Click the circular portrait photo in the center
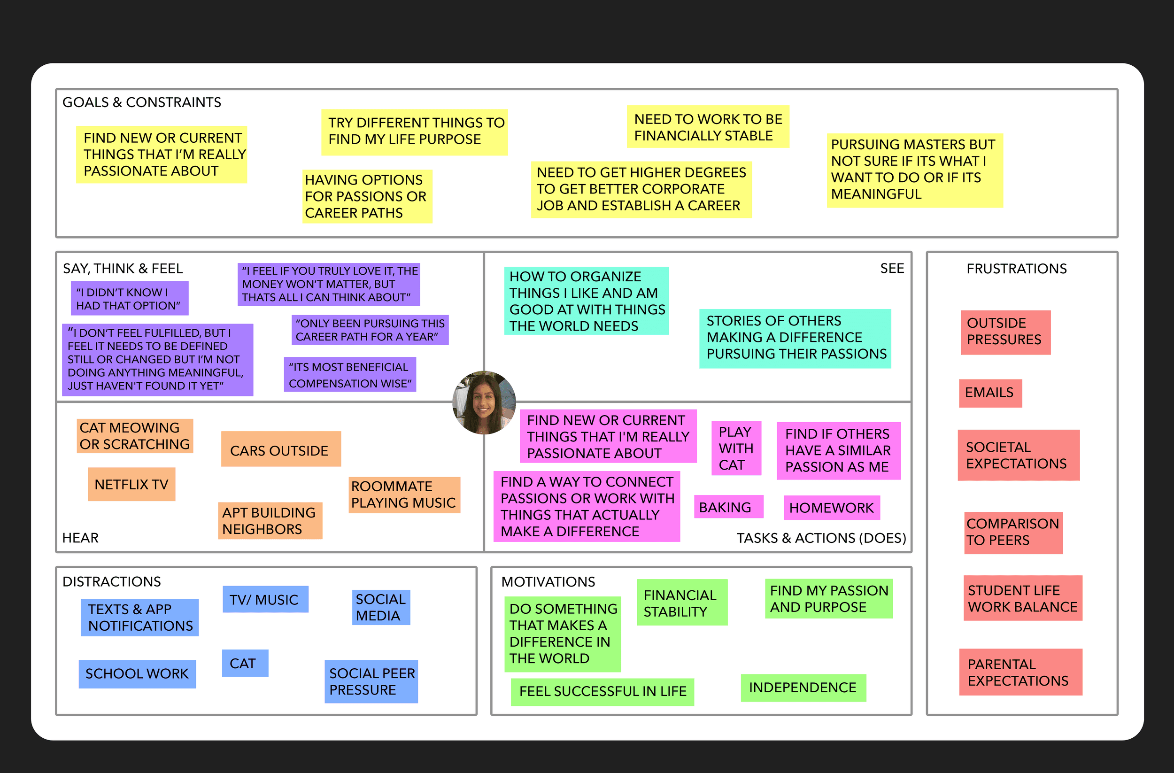(x=484, y=402)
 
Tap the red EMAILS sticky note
(x=990, y=393)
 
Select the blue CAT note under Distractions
(x=245, y=663)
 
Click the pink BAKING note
(x=727, y=507)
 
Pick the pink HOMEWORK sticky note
(x=832, y=508)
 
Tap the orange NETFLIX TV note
(x=131, y=485)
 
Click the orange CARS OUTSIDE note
(x=280, y=449)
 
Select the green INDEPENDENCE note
(x=803, y=687)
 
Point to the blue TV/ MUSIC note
(x=265, y=599)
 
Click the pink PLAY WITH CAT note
(x=736, y=448)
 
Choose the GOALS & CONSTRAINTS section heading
(x=141, y=102)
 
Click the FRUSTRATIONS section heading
(x=1016, y=268)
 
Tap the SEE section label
(x=892, y=268)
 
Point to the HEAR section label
(x=80, y=537)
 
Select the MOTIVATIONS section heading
(x=548, y=581)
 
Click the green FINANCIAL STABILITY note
(x=682, y=603)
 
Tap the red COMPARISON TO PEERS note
(x=1013, y=532)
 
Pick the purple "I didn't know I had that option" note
(x=129, y=299)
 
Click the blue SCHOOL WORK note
(x=137, y=673)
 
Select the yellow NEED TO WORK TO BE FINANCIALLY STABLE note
(x=708, y=127)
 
